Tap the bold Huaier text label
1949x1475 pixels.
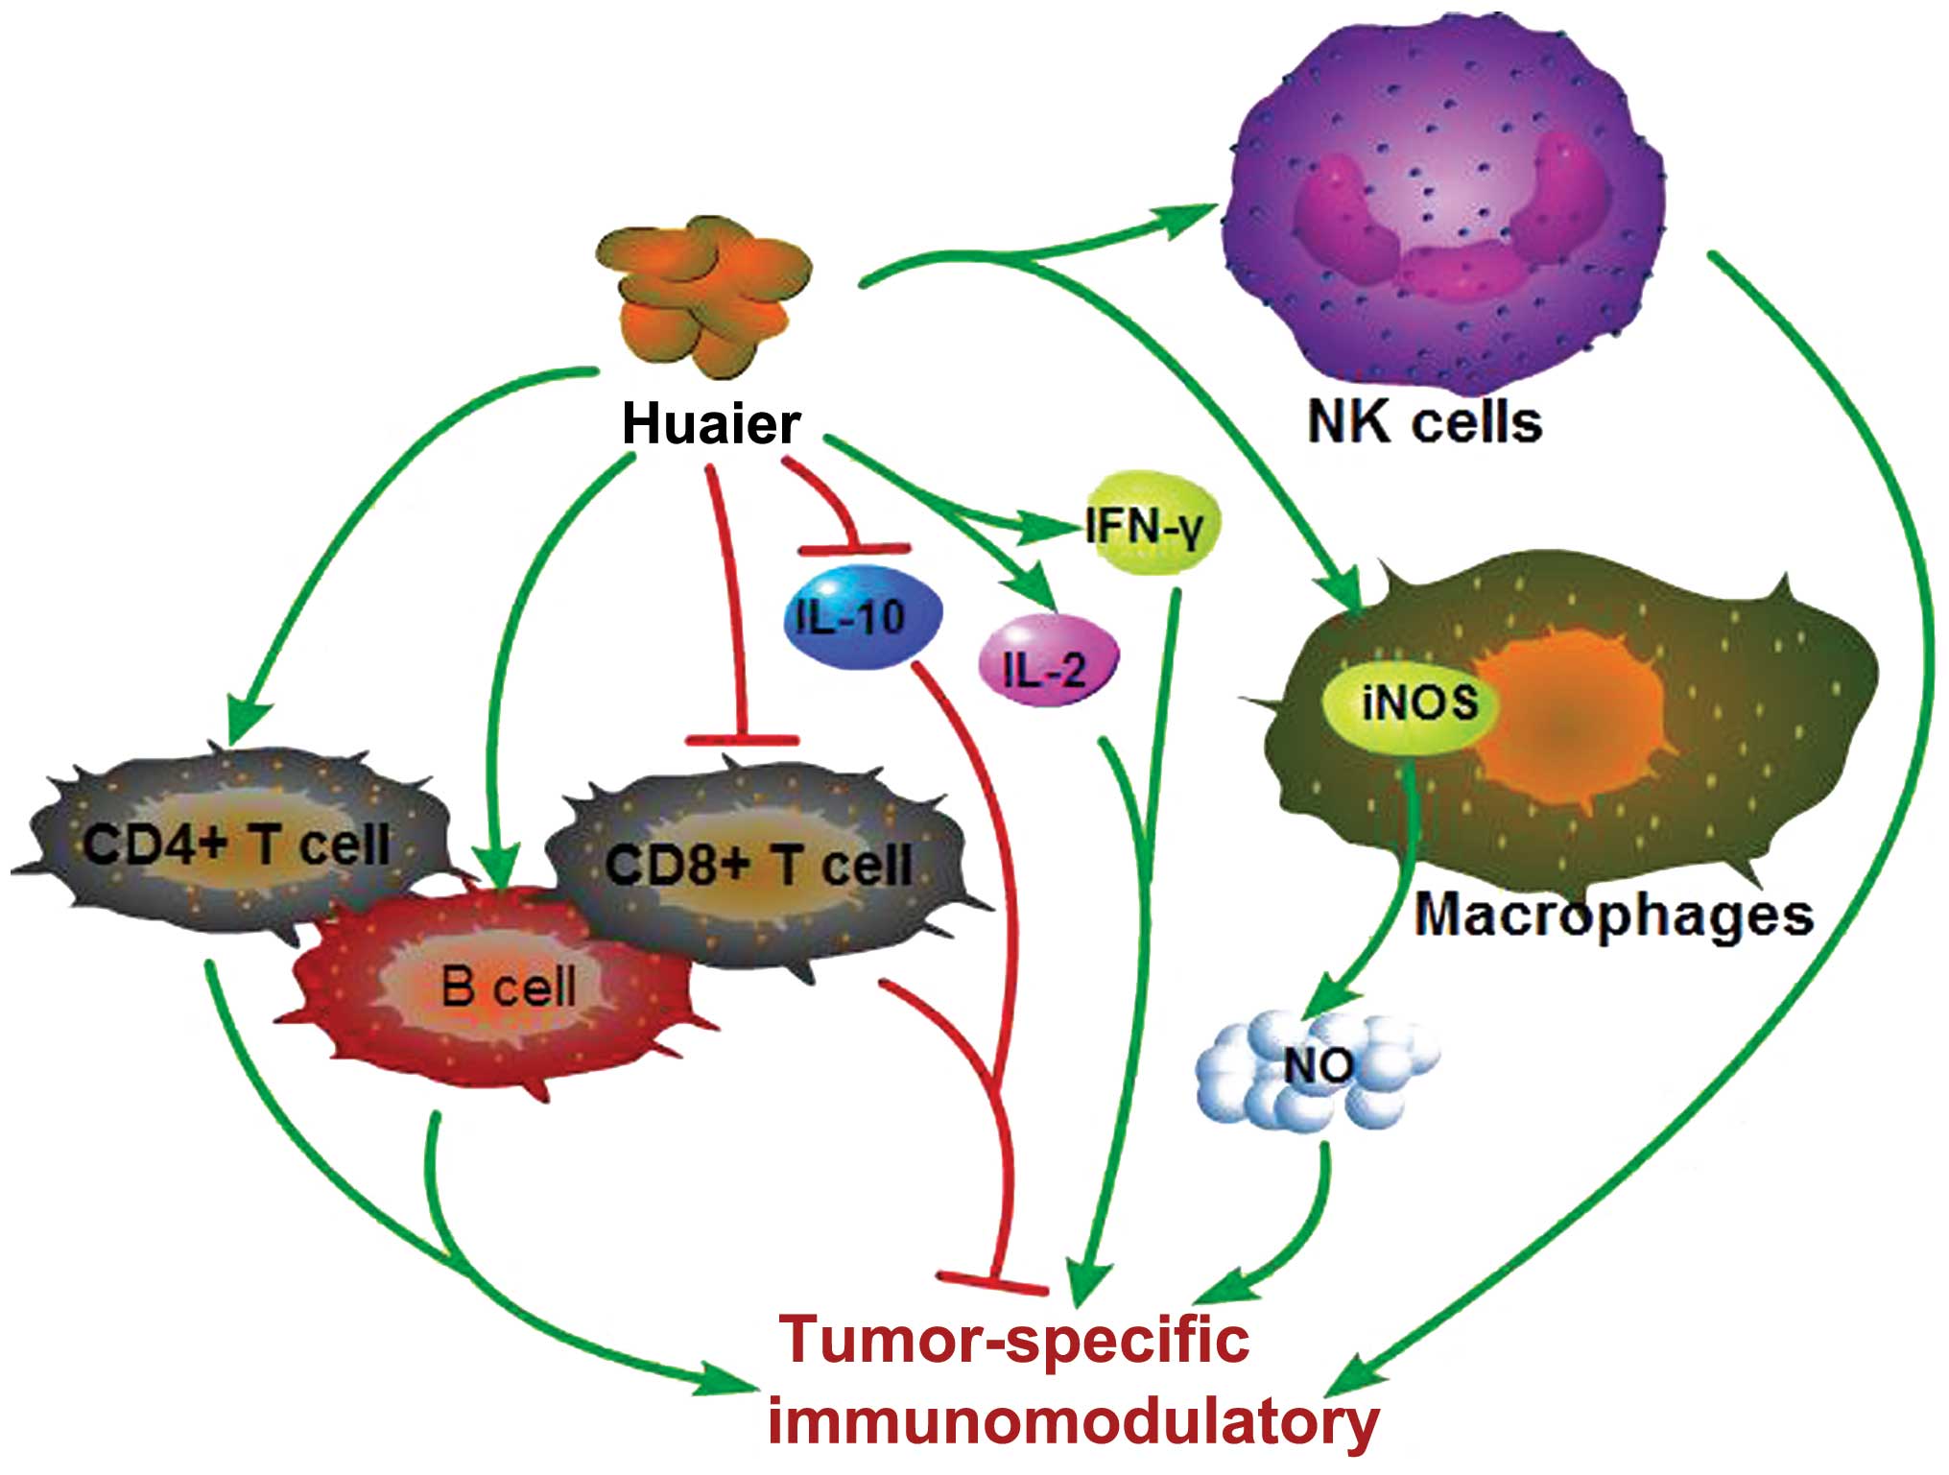711,423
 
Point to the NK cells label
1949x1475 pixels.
1424,421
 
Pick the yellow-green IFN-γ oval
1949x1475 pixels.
1151,523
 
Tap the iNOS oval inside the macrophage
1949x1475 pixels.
1411,702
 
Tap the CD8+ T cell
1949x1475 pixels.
758,864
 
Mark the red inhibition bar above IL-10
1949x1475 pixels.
853,549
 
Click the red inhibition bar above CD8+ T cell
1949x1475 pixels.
742,740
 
